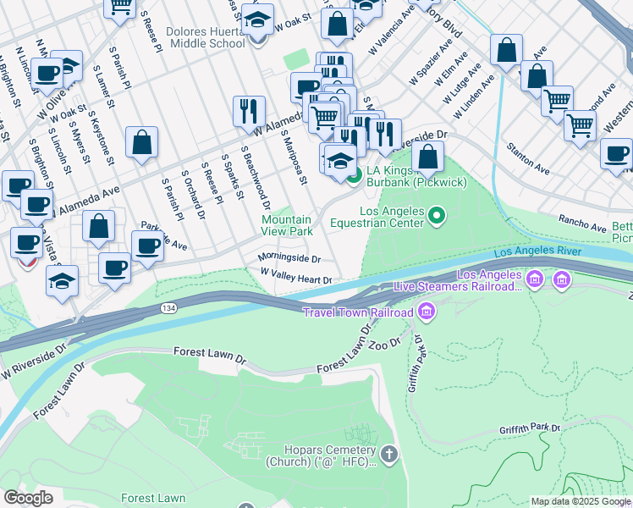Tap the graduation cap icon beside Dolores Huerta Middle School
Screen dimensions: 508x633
point(257,20)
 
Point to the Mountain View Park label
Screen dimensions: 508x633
point(286,225)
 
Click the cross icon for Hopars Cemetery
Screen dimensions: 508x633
point(388,456)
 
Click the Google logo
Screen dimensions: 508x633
point(28,498)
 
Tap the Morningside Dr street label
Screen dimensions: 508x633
point(289,258)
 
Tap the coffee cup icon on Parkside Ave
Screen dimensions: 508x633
point(147,247)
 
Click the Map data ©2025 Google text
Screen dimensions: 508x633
point(581,501)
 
